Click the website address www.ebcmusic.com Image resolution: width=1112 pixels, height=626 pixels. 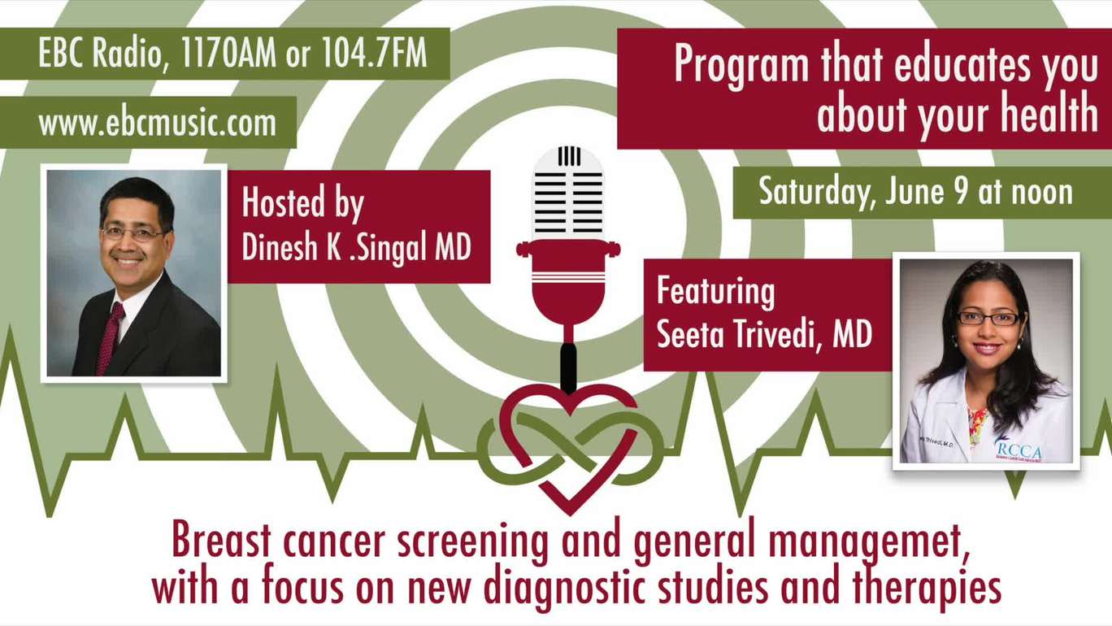(158, 123)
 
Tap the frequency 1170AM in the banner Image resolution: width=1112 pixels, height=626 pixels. (228, 53)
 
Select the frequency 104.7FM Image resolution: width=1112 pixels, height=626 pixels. (374, 53)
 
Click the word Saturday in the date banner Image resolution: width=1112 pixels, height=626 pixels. (815, 193)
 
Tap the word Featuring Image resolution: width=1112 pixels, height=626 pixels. (715, 292)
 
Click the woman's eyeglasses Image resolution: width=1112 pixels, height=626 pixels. (987, 318)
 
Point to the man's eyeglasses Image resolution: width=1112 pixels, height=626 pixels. (132, 233)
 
